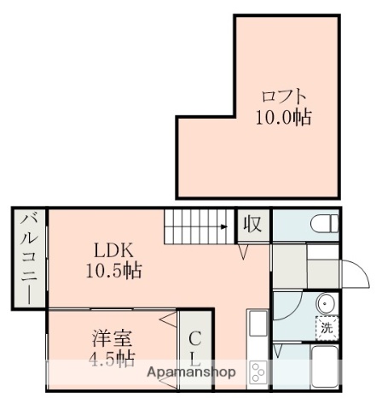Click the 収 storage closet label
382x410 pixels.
[x=253, y=225]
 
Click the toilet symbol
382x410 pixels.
[x=322, y=225]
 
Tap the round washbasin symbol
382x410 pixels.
[x=325, y=302]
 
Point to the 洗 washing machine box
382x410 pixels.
[x=326, y=326]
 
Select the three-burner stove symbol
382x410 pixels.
[x=258, y=372]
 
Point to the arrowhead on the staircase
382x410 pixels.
[x=223, y=227]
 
